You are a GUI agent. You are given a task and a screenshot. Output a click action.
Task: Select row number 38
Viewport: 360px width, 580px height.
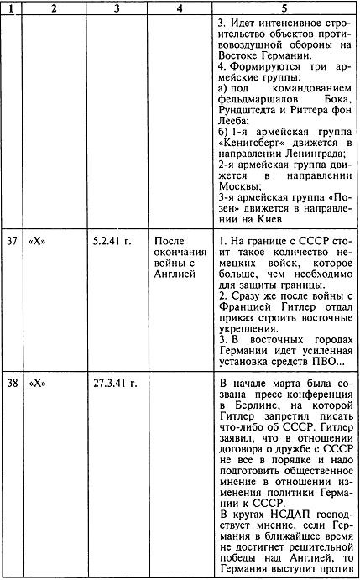click(x=10, y=381)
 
